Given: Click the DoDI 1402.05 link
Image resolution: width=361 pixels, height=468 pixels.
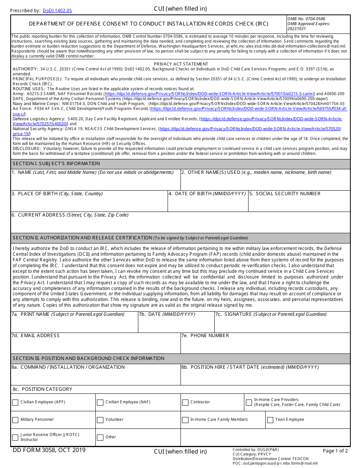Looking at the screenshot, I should coord(57,11).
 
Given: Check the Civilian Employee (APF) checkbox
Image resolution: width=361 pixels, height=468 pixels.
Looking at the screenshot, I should coord(15,403).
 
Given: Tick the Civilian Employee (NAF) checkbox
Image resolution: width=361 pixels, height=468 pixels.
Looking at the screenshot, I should coord(100,403).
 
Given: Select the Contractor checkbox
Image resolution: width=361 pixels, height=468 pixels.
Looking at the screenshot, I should coord(185,403).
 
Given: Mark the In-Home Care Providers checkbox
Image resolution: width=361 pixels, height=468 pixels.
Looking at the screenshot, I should coord(249,403).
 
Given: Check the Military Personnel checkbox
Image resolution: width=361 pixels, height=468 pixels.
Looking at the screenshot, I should coord(15,420).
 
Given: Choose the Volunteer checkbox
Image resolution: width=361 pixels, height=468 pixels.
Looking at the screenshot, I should coord(100,420).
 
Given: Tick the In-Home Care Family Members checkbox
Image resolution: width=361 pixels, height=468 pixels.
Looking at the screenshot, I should coord(185,420).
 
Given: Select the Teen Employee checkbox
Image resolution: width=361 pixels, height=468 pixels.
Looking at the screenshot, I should coord(270,420).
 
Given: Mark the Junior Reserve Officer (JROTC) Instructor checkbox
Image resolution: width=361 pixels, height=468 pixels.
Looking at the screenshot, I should coord(15,438).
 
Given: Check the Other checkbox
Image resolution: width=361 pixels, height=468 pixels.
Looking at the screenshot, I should coord(100,438).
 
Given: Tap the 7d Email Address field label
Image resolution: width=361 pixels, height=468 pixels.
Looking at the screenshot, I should coord(40,336).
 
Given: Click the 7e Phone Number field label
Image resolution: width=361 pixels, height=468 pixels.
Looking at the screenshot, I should coord(209,336).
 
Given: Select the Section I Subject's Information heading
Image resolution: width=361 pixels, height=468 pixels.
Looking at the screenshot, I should coord(56,164).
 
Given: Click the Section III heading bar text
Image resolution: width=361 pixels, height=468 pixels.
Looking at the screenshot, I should coord(89,358).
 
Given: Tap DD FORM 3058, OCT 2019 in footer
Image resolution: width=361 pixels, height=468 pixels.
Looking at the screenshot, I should coord(49,450).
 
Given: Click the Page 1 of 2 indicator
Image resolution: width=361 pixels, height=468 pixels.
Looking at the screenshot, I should coord(335,451).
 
